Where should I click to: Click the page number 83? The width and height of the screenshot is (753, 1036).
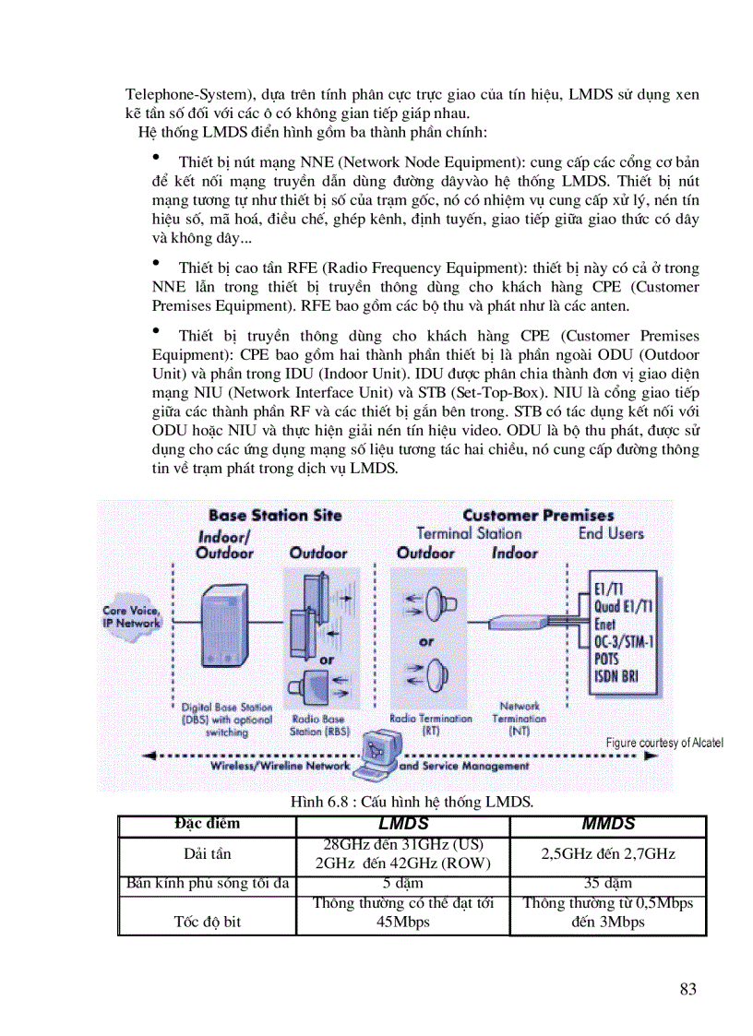pos(687,990)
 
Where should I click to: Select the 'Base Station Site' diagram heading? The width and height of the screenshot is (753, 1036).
pos(275,516)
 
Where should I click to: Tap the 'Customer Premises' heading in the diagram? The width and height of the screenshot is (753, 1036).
pos(538,516)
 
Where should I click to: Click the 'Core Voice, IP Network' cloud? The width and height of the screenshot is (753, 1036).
pos(131,616)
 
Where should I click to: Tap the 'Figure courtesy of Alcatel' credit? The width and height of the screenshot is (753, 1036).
pos(664,743)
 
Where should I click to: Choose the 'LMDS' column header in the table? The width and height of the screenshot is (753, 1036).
pos(403,824)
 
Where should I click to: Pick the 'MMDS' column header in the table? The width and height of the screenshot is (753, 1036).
pos(608,824)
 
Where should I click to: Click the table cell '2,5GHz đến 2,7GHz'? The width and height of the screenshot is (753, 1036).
pos(608,854)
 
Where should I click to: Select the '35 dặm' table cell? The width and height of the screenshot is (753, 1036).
pos(608,884)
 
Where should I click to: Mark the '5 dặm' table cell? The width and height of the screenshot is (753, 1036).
pos(403,884)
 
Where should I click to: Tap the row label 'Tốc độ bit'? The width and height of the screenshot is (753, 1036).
pos(207,921)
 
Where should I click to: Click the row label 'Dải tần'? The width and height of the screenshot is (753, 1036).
pos(207,854)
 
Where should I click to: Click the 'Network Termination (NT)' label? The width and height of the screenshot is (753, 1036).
pos(519,718)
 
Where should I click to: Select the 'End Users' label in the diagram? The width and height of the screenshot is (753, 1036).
pos(611,533)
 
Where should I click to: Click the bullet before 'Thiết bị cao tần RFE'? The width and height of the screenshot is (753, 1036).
pos(157,264)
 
